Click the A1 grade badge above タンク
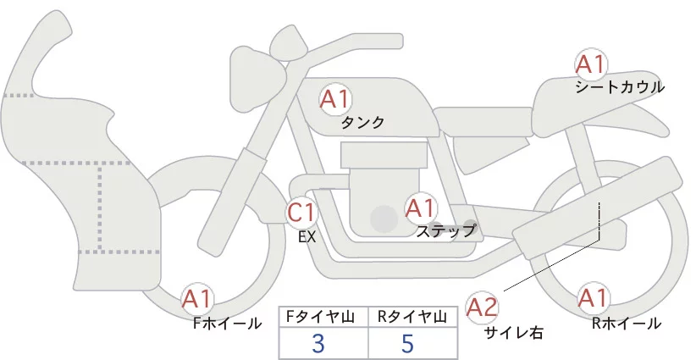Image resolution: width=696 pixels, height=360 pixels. click(334, 99)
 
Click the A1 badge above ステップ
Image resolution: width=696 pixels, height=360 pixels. click(421, 208)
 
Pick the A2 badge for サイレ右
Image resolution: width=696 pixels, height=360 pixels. click(483, 307)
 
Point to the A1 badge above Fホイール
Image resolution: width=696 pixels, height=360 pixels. click(197, 299)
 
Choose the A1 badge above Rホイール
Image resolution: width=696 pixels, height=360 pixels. click(592, 299)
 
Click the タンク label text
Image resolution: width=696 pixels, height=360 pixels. click(362, 123)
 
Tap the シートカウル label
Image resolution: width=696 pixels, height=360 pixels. click(619, 86)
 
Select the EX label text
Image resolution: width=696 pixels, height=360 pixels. click(307, 238)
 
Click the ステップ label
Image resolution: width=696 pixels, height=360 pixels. click(446, 230)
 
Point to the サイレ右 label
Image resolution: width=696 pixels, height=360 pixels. click(513, 334)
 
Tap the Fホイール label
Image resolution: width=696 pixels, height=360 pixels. click(227, 324)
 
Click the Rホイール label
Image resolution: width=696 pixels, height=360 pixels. click(627, 324)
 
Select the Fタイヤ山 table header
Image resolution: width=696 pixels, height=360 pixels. click(323, 317)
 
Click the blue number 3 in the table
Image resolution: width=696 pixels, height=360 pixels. click(318, 344)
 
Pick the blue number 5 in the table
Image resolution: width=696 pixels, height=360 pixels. click(407, 344)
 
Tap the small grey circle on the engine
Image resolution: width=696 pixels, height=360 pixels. click(384, 219)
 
